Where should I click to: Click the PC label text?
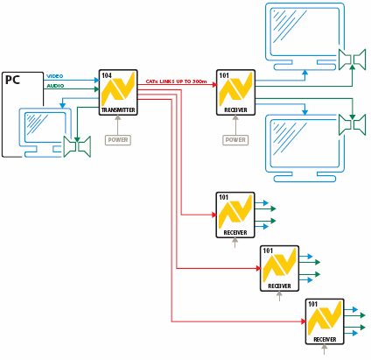(12, 80)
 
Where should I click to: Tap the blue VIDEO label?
(55, 76)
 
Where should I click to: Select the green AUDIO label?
(55, 86)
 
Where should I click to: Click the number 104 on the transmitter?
(107, 75)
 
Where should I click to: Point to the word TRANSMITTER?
(118, 110)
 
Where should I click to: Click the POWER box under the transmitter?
(118, 140)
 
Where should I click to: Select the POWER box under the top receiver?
(235, 140)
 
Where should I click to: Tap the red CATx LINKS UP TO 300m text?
(176, 81)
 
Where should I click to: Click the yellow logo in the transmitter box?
(118, 89)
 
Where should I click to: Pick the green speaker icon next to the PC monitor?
(77, 146)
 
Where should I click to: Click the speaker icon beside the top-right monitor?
(352, 60)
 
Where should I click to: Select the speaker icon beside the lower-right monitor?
(352, 124)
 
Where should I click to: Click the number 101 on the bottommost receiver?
(313, 304)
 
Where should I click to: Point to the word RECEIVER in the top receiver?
(235, 110)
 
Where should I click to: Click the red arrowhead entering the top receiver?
(215, 85)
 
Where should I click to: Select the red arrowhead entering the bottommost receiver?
(304, 321)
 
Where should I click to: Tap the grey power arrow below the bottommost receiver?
(324, 349)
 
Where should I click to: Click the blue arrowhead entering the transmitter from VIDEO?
(97, 80)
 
